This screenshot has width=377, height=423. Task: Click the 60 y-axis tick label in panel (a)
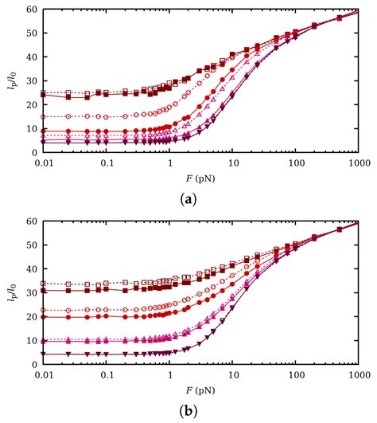pyautogui.click(x=30, y=10)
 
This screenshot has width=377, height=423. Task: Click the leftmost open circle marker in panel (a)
pyautogui.click(x=45, y=117)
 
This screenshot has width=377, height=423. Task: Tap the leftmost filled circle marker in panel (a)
pyautogui.click(x=45, y=131)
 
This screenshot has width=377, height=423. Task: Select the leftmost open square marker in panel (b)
pyautogui.click(x=45, y=283)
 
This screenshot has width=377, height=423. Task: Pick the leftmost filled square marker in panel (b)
pyautogui.click(x=45, y=291)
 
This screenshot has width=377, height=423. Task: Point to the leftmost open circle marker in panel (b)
pyautogui.click(x=45, y=310)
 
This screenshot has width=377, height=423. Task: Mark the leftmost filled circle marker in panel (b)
pyautogui.click(x=45, y=317)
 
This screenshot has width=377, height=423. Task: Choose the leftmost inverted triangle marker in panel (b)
pyautogui.click(x=45, y=354)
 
